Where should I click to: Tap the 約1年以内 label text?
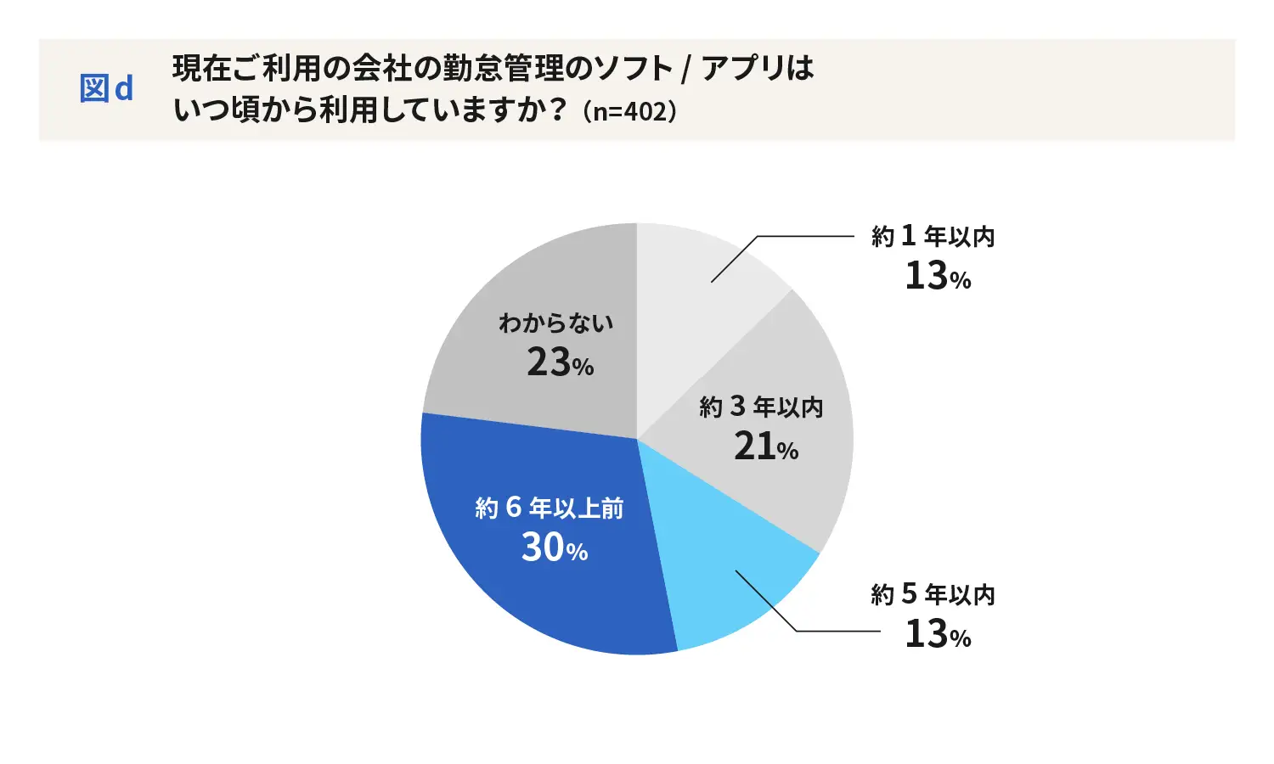(933, 236)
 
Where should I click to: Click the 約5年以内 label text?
(933, 594)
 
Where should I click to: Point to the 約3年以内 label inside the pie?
(761, 407)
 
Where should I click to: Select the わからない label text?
(555, 323)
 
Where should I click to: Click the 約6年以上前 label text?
(550, 508)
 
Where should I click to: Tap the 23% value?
(560, 363)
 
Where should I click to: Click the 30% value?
(554, 548)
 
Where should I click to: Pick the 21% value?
(765, 447)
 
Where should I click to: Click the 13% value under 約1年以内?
(937, 276)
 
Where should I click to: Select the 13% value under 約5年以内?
(937, 634)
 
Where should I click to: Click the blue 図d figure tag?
(106, 89)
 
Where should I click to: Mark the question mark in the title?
(558, 111)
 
